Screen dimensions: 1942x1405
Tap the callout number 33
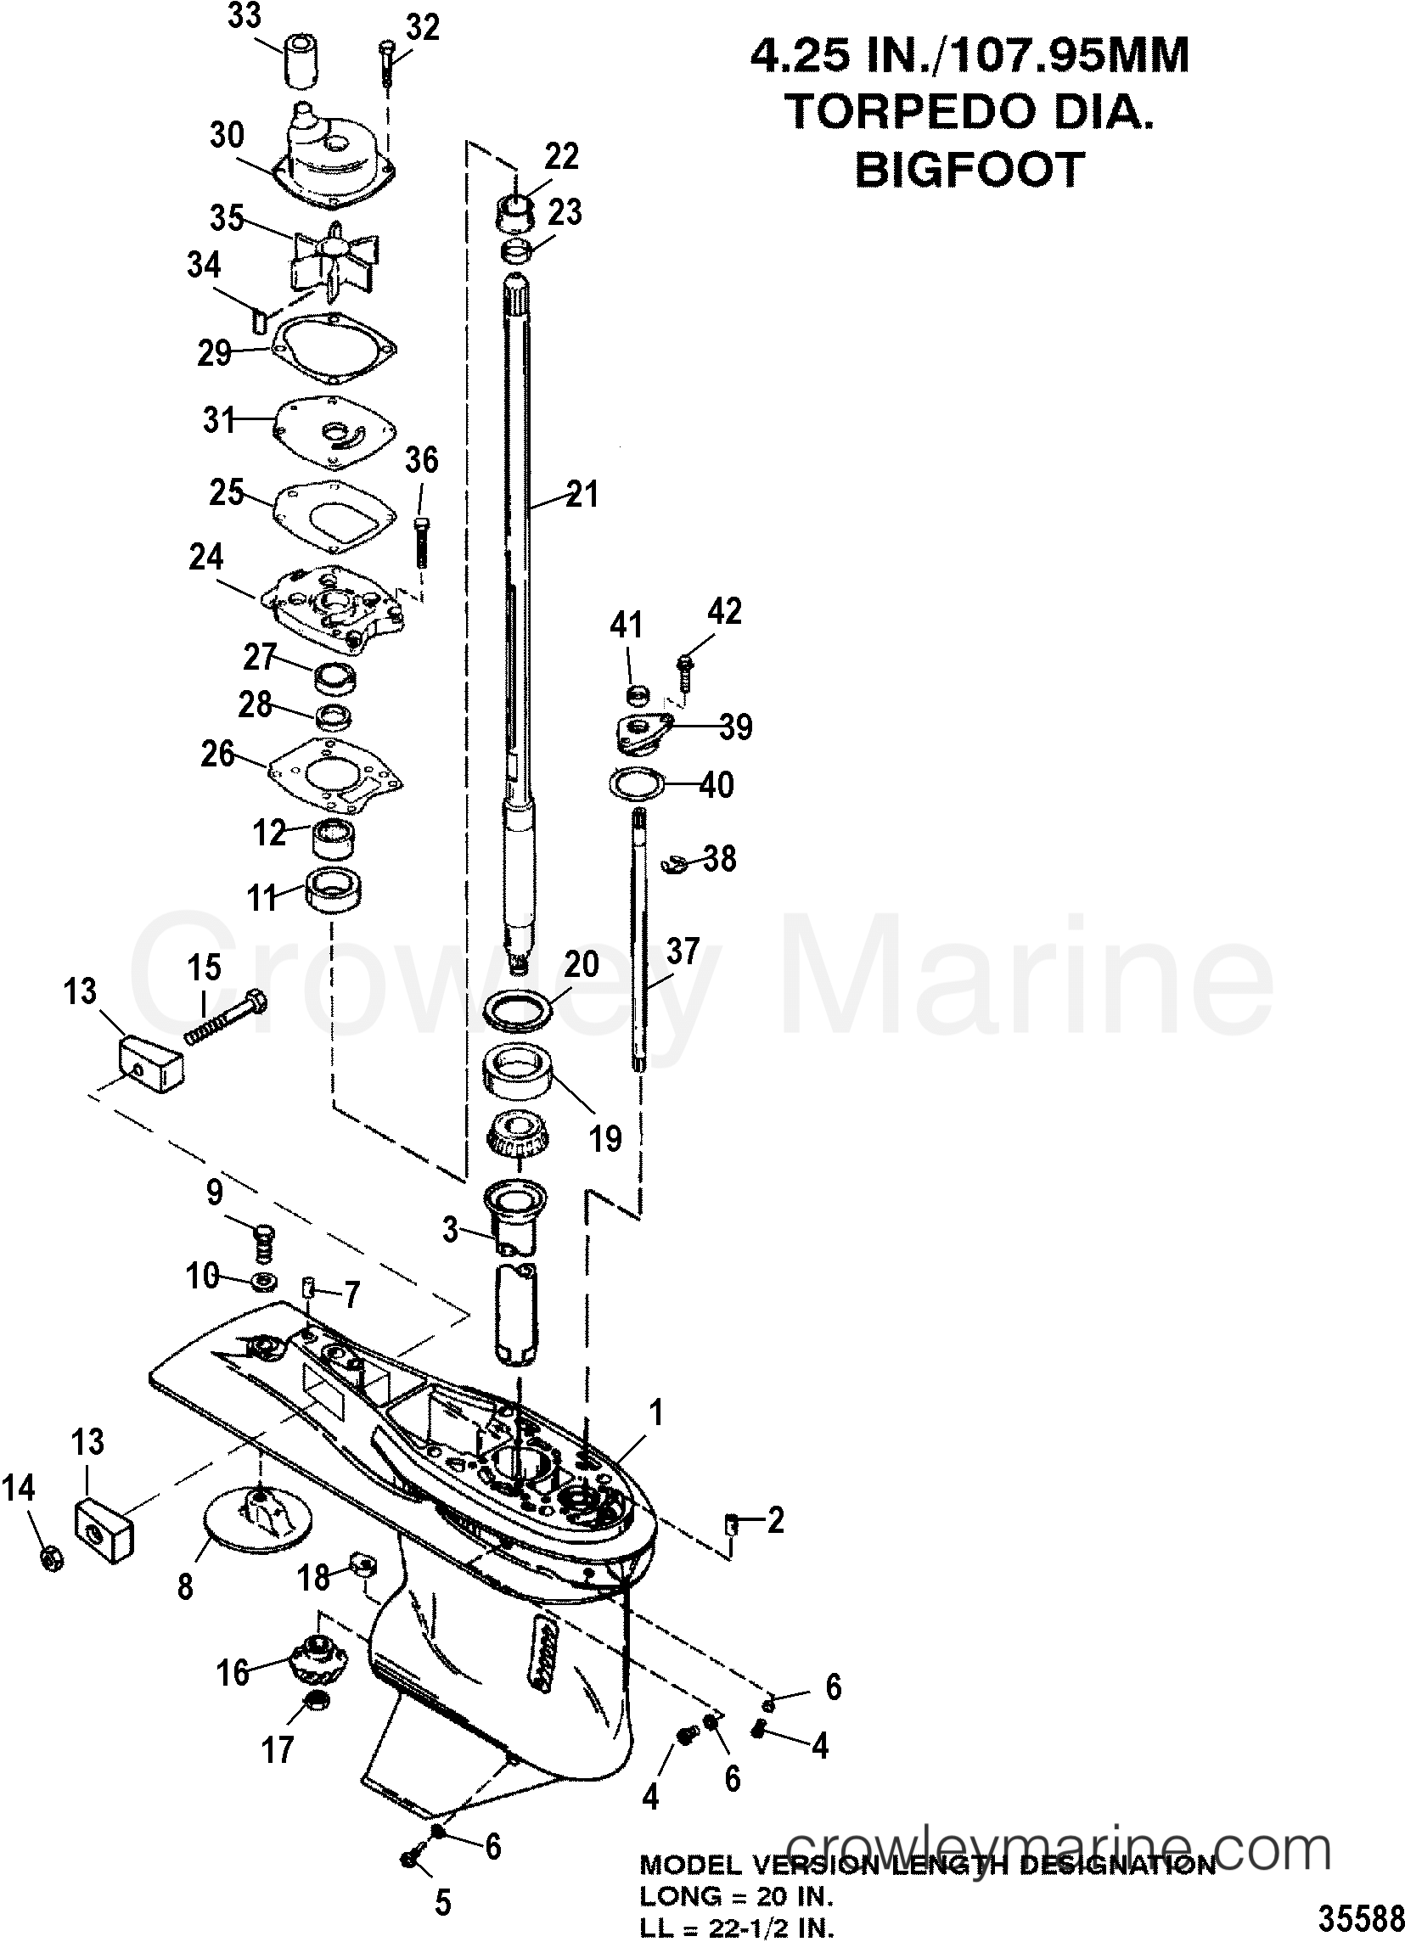point(244,16)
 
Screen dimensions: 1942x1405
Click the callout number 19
point(605,1138)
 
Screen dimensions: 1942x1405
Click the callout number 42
point(724,610)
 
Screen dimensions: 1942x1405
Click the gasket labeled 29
point(334,347)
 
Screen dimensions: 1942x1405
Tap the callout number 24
point(206,557)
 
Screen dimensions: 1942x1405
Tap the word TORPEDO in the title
point(899,111)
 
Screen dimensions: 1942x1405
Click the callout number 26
point(216,754)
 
